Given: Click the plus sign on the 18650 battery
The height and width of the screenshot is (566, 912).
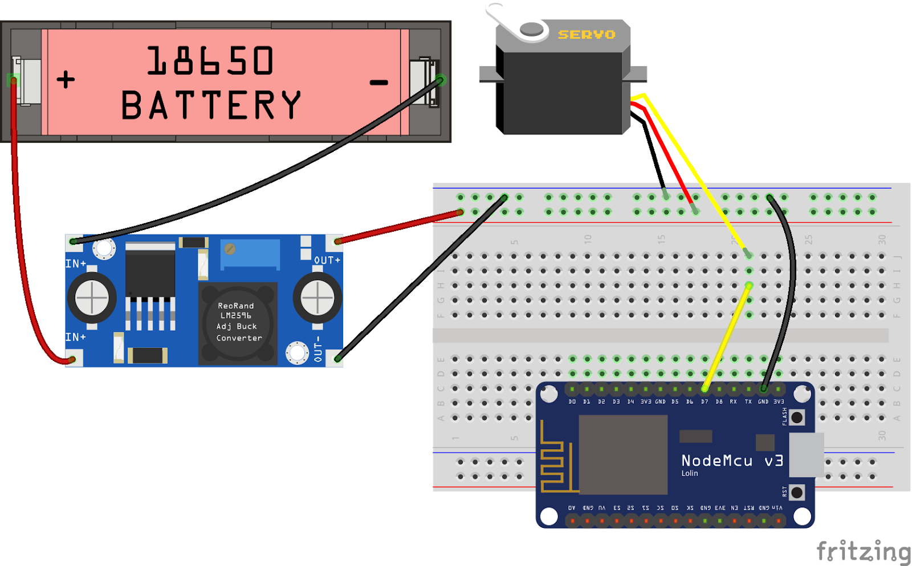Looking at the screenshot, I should [x=66, y=79].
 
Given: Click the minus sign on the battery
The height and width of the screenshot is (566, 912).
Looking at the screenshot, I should [x=378, y=83].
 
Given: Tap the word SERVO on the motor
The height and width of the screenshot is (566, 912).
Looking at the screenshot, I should [x=587, y=35].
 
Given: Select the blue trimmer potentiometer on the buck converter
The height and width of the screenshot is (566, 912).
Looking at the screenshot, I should [x=251, y=253].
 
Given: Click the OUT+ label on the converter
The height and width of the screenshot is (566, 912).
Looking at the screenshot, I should [x=327, y=260].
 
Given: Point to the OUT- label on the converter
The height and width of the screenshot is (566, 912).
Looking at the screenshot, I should [x=318, y=349].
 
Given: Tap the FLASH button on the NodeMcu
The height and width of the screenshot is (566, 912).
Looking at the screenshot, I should [x=797, y=417].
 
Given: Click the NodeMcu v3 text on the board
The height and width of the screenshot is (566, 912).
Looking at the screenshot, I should [x=732, y=461].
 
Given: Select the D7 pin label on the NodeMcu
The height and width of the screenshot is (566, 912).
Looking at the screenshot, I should [x=705, y=401].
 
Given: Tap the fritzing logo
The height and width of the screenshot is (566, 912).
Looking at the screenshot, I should [x=863, y=551].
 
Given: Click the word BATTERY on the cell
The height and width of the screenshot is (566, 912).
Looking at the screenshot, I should [x=211, y=105].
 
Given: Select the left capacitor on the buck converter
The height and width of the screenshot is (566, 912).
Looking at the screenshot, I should [x=92, y=298].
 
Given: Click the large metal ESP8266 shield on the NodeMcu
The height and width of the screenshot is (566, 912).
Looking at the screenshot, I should [x=623, y=454].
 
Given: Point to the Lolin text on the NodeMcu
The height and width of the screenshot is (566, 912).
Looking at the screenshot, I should [x=689, y=473].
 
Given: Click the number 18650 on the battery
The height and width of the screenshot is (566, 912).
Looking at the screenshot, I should [x=210, y=61].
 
